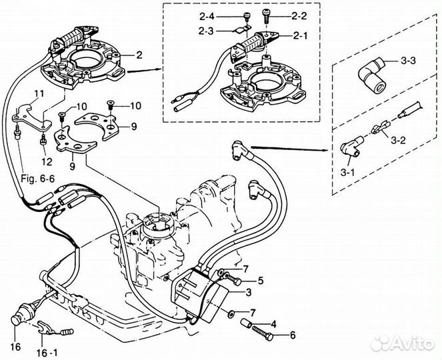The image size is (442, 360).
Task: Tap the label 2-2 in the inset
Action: tap(299, 13)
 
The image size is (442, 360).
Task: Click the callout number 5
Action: tap(261, 281)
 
